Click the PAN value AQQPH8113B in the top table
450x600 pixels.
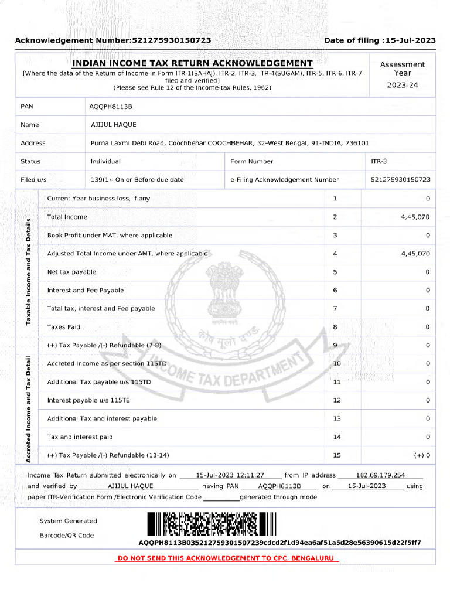[x=111, y=107]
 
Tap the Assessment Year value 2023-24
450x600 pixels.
[x=402, y=85]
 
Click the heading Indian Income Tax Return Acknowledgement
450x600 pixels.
[x=192, y=63]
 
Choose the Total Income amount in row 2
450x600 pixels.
[x=415, y=217]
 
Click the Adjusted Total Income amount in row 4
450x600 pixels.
[x=415, y=254]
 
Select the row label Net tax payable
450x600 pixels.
[x=71, y=272]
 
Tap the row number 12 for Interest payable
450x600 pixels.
[x=336, y=400]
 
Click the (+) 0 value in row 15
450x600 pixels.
[x=422, y=455]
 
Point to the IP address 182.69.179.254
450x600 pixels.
[x=381, y=475]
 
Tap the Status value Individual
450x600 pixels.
[x=105, y=161]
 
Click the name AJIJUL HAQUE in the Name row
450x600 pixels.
[x=113, y=125]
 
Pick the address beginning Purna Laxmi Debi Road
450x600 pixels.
[x=229, y=143]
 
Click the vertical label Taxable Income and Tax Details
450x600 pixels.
[x=28, y=271]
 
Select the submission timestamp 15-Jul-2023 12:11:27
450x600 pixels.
[x=230, y=475]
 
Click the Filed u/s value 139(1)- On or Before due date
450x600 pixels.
[x=137, y=180]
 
